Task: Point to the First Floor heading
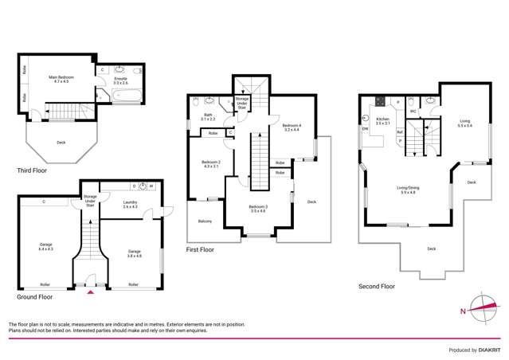tap(202, 249)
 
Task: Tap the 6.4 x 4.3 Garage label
tap(45, 247)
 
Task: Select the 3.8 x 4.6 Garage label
tap(134, 252)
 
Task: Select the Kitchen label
tap(382, 122)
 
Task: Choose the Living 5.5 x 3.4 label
tap(464, 123)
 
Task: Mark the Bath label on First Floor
tap(208, 117)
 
